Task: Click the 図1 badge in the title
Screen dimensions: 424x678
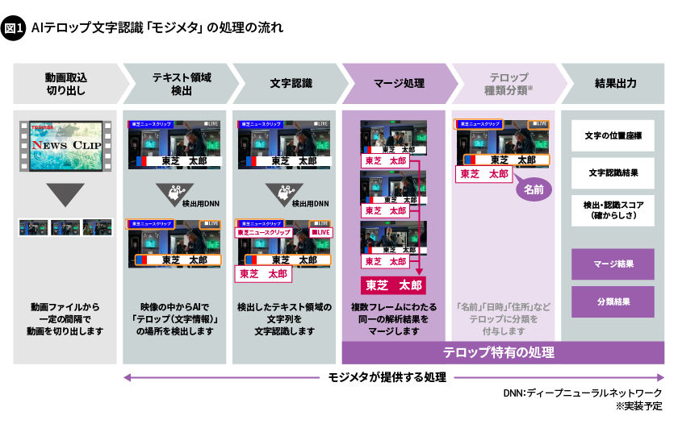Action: tap(15, 29)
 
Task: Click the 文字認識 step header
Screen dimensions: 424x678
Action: tap(291, 83)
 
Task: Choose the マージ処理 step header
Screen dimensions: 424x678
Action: tap(399, 83)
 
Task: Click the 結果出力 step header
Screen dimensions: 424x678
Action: tap(615, 83)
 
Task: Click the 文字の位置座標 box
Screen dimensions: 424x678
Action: tap(613, 135)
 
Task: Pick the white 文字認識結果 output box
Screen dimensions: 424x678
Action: tap(613, 173)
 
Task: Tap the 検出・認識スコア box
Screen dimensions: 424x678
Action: tap(613, 210)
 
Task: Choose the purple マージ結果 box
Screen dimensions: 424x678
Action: tap(613, 264)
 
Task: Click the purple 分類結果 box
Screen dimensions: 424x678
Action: tap(613, 301)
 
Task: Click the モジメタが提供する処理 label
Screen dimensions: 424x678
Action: tap(388, 377)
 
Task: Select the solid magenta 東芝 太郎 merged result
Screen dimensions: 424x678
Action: tap(393, 285)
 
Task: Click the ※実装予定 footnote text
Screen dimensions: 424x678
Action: tap(638, 406)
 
